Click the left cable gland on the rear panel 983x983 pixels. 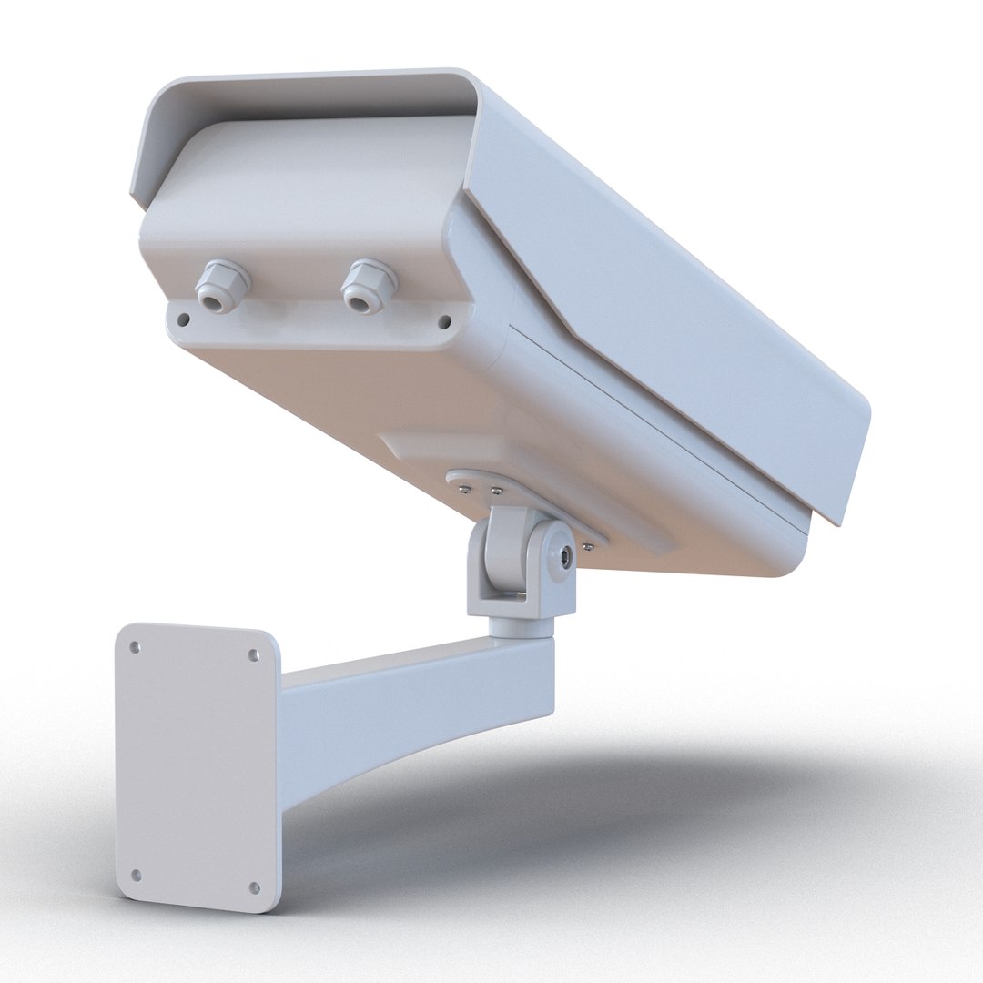coord(222,286)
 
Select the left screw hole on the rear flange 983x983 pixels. coord(183,319)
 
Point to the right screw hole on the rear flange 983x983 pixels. coord(444,321)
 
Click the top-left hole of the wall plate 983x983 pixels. coord(135,647)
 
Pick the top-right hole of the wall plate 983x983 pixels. coord(254,654)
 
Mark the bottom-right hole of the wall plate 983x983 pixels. coord(254,887)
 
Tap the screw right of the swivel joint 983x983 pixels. coord(589,546)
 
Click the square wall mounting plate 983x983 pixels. coord(196,765)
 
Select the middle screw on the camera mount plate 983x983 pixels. coord(496,491)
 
